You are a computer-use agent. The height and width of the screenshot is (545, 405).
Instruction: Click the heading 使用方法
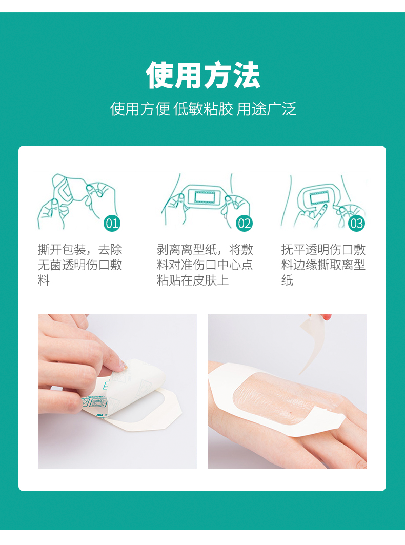(203, 75)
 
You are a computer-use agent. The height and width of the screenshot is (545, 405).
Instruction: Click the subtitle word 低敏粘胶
(203, 109)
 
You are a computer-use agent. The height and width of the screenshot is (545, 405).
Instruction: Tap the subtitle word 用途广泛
(267, 109)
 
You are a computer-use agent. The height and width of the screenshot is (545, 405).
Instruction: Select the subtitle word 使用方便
(139, 109)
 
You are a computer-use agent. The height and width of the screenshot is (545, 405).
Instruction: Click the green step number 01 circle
(112, 223)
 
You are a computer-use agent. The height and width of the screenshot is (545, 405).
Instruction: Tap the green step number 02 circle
(245, 223)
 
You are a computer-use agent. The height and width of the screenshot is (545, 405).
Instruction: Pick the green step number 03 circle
(356, 223)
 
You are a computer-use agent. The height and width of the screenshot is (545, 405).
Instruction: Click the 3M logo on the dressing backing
(100, 416)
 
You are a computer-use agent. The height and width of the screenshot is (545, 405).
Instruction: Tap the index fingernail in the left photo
(123, 366)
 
